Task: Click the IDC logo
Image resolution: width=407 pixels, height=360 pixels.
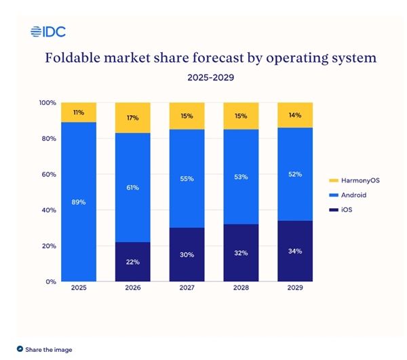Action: [47, 31]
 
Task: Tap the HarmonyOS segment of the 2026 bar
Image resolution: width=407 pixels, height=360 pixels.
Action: [132, 118]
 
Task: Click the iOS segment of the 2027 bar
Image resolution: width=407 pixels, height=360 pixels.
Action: [187, 254]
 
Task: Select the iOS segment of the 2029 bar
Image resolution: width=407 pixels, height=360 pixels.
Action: [295, 251]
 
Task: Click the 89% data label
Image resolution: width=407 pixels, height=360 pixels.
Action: [79, 201]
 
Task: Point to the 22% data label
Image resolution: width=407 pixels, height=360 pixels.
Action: [133, 260]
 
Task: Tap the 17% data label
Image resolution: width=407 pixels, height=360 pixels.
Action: [133, 118]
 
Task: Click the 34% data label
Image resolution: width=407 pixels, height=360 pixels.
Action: [296, 250]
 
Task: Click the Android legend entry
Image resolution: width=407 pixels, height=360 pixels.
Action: [353, 196]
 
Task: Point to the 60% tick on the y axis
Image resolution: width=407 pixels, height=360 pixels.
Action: [47, 174]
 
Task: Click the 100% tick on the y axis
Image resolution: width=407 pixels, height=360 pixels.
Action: [47, 103]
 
